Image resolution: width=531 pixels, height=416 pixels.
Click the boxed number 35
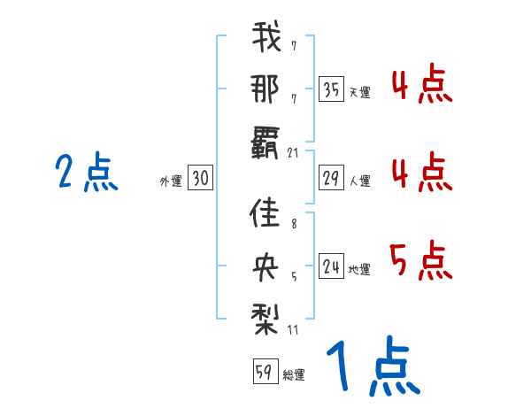pyautogui.click(x=330, y=89)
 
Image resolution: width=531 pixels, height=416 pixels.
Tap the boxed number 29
pyautogui.click(x=330, y=179)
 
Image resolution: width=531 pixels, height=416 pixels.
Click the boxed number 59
pyautogui.click(x=264, y=373)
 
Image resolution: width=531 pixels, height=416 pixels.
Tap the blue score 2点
pyautogui.click(x=86, y=173)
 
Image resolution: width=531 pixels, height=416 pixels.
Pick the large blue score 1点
pyautogui.click(x=372, y=367)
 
